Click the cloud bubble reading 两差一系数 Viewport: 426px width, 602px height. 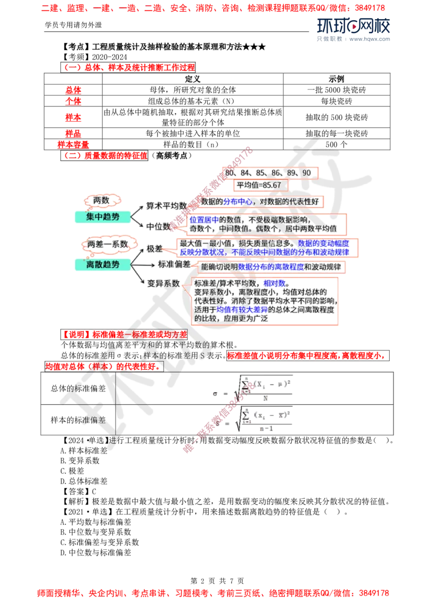click(x=108, y=244)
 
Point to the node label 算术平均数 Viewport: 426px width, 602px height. click(x=166, y=205)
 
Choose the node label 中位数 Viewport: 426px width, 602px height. click(x=159, y=226)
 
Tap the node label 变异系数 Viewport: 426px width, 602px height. click(x=163, y=283)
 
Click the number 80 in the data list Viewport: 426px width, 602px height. click(x=230, y=173)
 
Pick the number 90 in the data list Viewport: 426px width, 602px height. click(x=306, y=173)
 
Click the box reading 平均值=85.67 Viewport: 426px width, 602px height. click(x=258, y=185)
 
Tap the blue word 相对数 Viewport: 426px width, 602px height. click(x=275, y=283)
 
